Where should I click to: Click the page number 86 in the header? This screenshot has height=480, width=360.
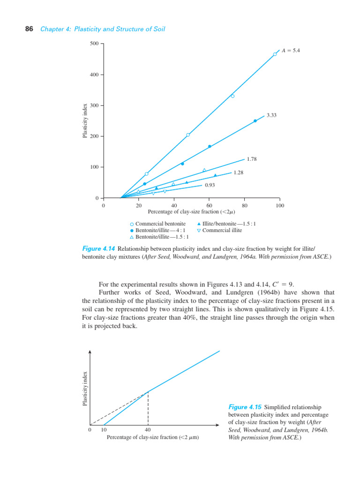pyautogui.click(x=29, y=29)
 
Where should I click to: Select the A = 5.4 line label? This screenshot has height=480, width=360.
pyautogui.click(x=291, y=50)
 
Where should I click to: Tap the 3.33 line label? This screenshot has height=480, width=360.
pyautogui.click(x=271, y=115)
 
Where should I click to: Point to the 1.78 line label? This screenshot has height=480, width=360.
pyautogui.click(x=252, y=159)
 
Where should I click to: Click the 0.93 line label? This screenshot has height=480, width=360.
pyautogui.click(x=210, y=185)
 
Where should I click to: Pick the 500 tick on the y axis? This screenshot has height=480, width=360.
pyautogui.click(x=94, y=44)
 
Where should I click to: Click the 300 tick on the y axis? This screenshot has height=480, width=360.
pyautogui.click(x=94, y=105)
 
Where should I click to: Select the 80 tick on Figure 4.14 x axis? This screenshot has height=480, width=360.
pyautogui.click(x=244, y=205)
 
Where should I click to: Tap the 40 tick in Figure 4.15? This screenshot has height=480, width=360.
pyautogui.click(x=148, y=430)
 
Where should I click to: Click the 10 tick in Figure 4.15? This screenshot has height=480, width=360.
pyautogui.click(x=104, y=430)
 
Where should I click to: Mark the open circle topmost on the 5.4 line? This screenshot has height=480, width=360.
pyautogui.click(x=275, y=54)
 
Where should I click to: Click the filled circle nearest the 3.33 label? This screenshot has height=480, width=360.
pyautogui.click(x=255, y=121)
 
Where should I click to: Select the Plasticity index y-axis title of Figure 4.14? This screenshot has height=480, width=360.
pyautogui.click(x=85, y=121)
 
